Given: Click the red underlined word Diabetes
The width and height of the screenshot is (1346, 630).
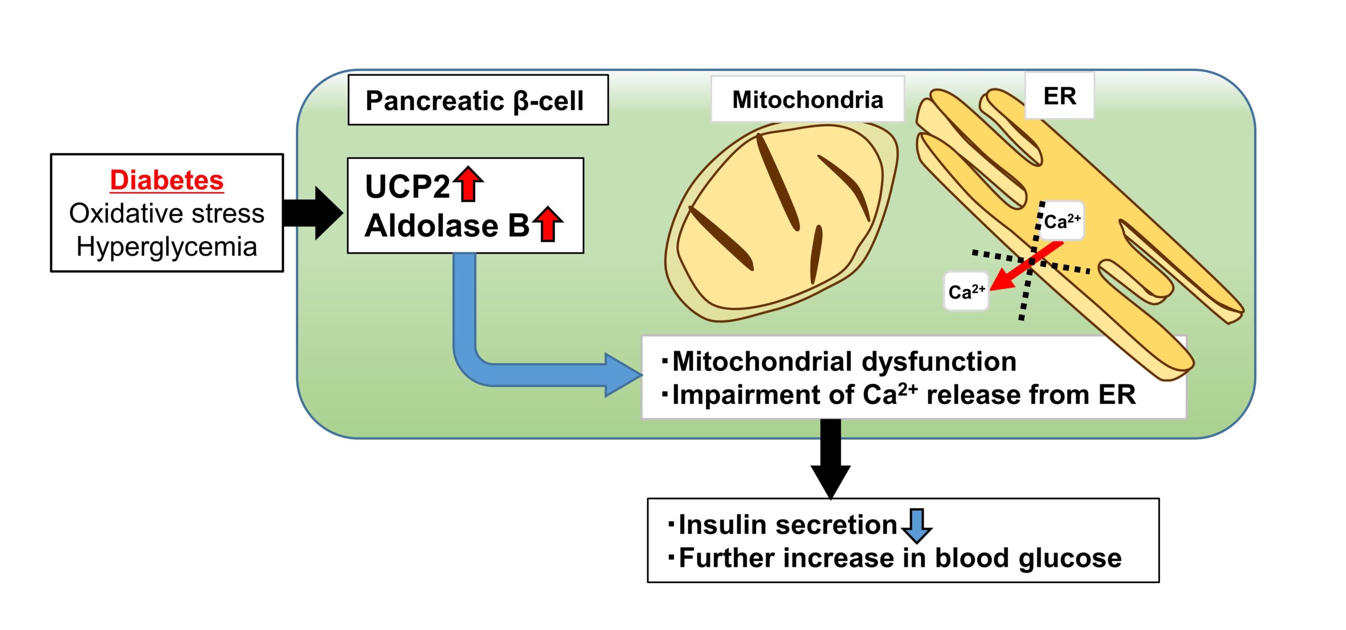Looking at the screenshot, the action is coord(167,180).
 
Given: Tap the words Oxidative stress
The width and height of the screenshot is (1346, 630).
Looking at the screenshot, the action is coord(167,214).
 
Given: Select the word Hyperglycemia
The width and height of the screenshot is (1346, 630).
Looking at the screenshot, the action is coord(167,247).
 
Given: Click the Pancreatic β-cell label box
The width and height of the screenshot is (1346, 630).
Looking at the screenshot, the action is coord(478,100).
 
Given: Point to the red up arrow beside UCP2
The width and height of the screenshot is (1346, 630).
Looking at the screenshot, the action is coord(468,184).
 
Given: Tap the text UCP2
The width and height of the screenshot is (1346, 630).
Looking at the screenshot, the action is coord(407,186).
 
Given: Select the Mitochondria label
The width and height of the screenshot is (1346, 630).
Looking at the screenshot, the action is coord(808,99).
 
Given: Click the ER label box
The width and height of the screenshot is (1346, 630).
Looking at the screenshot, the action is coord(1059,96).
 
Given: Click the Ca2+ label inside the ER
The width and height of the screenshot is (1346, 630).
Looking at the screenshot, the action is coord(1062,221).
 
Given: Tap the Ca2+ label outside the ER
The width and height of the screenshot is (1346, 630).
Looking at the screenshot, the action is coord(966,291).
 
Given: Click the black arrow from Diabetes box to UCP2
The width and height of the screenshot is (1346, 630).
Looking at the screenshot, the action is coord(312,213).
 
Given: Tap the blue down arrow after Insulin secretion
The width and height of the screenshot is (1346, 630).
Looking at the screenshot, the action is coord(917,525).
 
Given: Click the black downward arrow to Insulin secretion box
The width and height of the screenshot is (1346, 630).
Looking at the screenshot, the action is coord(831,459).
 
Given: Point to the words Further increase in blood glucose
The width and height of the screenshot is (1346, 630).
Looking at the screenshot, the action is coord(900,558).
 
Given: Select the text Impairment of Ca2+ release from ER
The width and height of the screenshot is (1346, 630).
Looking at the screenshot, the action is coord(904,394).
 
